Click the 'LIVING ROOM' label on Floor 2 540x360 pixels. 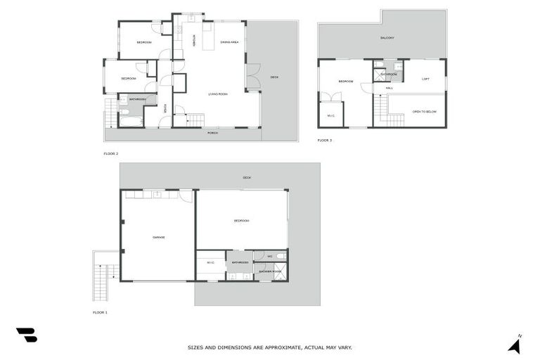(x=218, y=94)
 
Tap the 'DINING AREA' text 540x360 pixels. (x=229, y=43)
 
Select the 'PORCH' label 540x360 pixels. (x=212, y=133)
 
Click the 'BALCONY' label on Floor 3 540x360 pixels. (x=387, y=38)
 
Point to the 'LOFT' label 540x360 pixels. (x=425, y=79)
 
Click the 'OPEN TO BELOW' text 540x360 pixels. (x=425, y=111)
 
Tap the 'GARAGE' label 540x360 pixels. (x=159, y=238)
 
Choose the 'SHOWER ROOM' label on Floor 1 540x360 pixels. (x=270, y=271)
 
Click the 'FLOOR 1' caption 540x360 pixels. (x=101, y=312)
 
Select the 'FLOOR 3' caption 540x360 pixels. (x=325, y=141)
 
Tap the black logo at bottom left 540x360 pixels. (x=26, y=335)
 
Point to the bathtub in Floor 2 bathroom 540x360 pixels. (x=131, y=122)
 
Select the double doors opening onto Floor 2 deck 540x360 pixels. (x=253, y=77)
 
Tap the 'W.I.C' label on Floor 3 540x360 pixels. (x=330, y=115)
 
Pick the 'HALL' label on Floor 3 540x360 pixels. (x=389, y=88)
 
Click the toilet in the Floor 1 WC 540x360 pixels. (x=281, y=255)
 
